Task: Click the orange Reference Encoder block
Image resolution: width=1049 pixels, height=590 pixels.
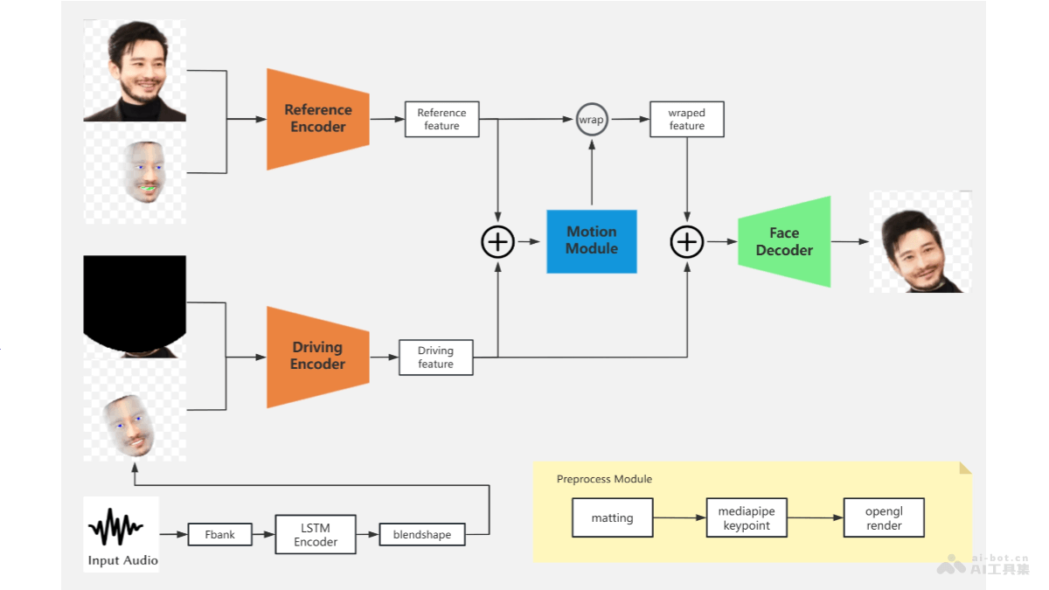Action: click(318, 119)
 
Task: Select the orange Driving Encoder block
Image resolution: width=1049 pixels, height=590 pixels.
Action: click(318, 357)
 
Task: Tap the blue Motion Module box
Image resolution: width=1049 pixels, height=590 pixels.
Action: click(592, 240)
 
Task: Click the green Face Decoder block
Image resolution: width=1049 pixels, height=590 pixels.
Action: click(784, 242)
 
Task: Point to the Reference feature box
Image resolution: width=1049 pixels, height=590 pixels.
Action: click(441, 120)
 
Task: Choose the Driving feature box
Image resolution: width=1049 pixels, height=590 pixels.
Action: click(435, 357)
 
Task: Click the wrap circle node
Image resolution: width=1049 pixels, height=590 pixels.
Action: click(592, 120)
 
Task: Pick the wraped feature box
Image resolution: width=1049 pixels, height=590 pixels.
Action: click(686, 120)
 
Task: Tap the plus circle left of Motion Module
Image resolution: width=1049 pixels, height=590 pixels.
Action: click(498, 241)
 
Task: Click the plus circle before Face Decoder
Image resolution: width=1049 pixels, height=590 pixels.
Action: click(687, 241)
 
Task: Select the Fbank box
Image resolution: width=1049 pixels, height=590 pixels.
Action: click(220, 534)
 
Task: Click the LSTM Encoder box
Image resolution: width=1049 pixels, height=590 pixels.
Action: click(316, 534)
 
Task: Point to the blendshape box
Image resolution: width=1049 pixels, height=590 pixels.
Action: click(422, 534)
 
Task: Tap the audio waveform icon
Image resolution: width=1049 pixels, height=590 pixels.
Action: click(116, 527)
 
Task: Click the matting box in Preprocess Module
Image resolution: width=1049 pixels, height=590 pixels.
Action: click(612, 518)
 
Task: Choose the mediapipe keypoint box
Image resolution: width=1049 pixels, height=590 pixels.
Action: click(747, 518)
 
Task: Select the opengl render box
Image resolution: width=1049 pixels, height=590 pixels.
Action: click(884, 518)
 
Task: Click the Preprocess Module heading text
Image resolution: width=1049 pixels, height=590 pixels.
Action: click(604, 479)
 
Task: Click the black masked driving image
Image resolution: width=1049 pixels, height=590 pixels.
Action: click(135, 302)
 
